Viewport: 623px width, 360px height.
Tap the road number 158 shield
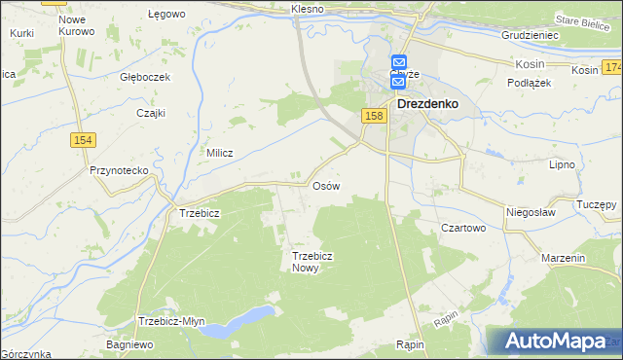[x=374, y=116]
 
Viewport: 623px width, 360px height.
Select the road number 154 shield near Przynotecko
[x=82, y=141]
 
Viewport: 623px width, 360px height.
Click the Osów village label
[x=325, y=186]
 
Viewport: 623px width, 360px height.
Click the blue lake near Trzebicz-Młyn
[x=243, y=319]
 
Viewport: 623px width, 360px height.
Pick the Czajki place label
[x=151, y=112]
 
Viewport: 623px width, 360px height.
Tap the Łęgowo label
[x=165, y=15]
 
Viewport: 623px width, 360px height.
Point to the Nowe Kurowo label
[x=76, y=25]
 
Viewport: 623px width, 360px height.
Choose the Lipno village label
[x=563, y=165]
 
